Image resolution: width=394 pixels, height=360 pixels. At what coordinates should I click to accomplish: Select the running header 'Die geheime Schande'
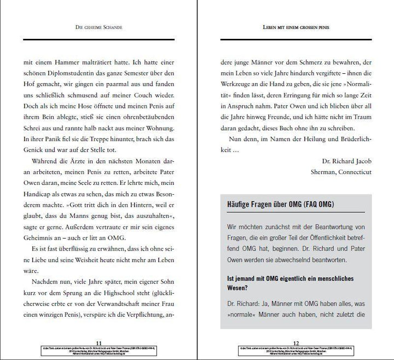[x=99, y=27]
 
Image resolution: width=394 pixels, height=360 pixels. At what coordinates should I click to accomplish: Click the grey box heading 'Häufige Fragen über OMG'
[x=281, y=205]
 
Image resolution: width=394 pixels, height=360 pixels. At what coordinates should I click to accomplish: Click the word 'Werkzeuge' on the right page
[x=236, y=74]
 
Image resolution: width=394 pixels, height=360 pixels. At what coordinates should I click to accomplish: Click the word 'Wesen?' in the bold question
[x=239, y=289]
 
